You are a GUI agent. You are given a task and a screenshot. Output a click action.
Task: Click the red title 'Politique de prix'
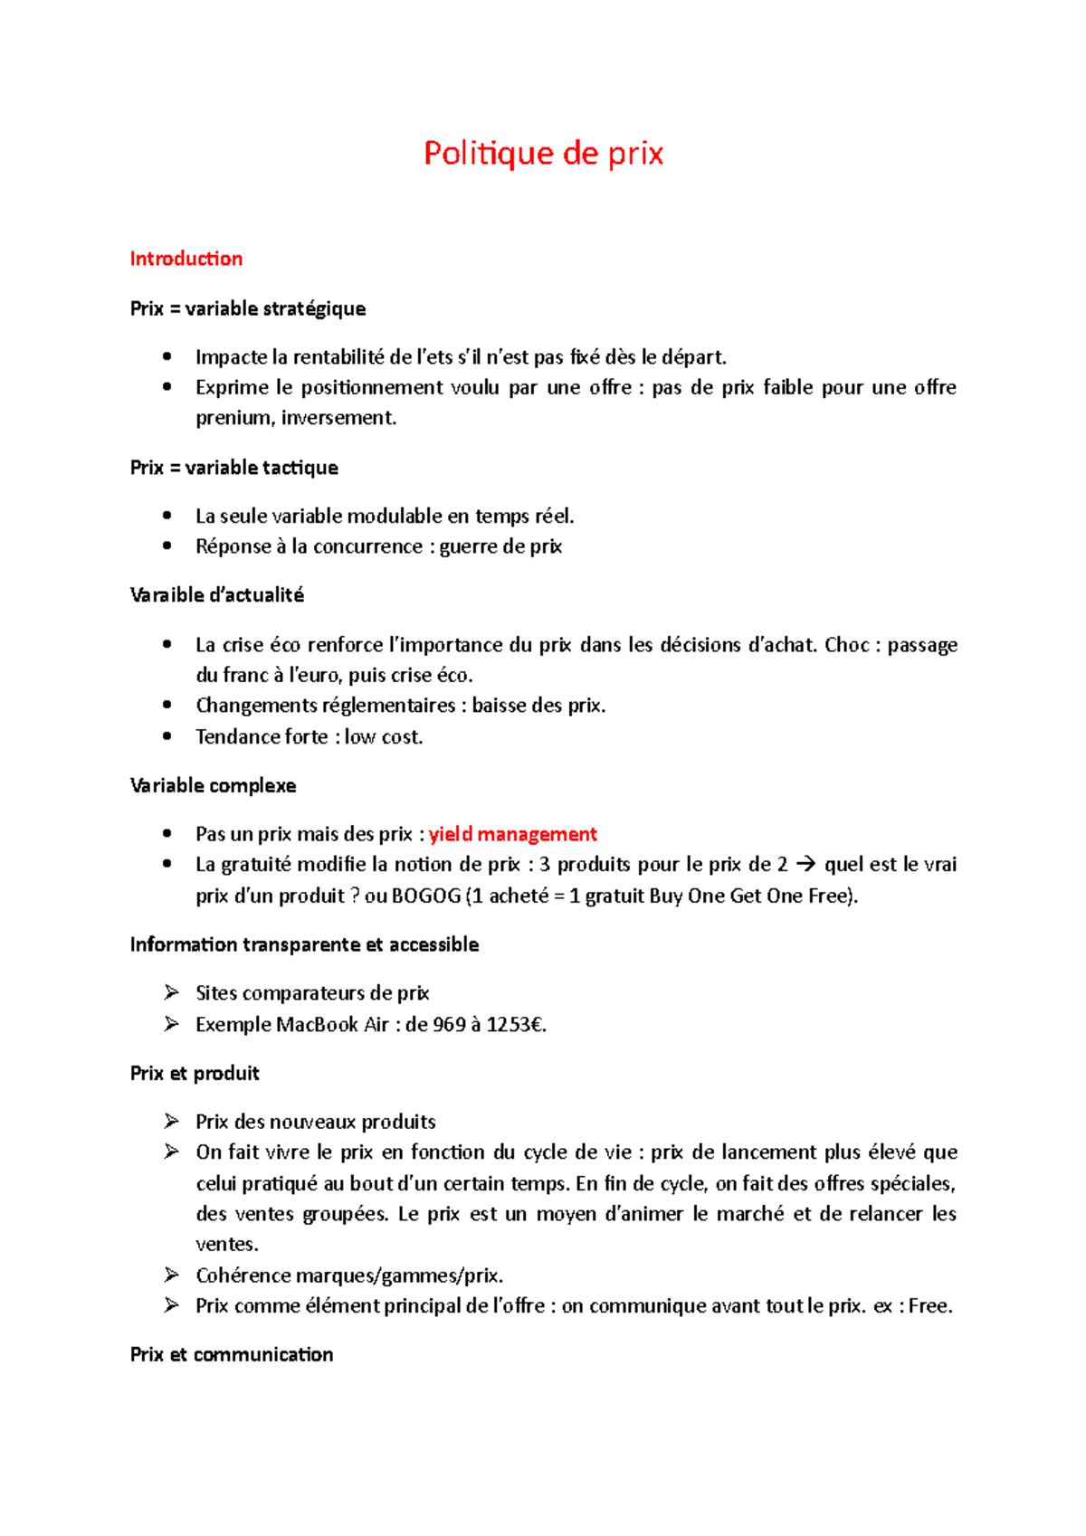pos(543,154)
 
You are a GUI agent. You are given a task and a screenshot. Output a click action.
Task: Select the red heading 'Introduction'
pos(186,259)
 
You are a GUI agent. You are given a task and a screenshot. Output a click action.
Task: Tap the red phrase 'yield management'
pos(512,834)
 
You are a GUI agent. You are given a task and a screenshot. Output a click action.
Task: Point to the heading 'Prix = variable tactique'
pos(233,468)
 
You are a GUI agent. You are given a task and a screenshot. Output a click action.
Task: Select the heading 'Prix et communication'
pos(232,1354)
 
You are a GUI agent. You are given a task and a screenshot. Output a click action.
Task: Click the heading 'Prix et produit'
pos(195,1074)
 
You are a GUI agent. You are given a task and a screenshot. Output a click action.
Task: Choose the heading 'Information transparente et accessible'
pos(304,944)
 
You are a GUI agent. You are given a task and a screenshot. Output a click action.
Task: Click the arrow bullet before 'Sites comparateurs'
pos(171,993)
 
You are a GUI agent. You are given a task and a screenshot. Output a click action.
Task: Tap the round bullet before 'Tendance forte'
pos(167,736)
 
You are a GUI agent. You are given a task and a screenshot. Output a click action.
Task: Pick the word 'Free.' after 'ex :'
pos(930,1306)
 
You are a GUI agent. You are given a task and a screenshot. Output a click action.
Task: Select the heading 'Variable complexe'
pos(213,785)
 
